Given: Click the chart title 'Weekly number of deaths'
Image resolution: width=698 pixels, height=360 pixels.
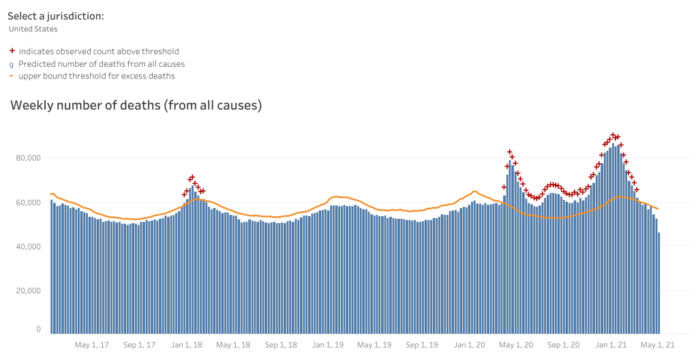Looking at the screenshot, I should (136, 106).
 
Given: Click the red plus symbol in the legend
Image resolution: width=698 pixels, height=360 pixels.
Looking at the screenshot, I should (12, 51).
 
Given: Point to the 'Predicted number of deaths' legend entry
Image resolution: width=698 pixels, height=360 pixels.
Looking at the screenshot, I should (102, 63).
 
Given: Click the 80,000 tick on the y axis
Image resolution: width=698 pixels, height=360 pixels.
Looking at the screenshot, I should (29, 158).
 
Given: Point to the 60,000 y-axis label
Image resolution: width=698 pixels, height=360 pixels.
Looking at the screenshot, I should (29, 202).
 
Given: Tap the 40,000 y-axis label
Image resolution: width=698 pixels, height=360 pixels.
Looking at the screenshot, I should (29, 246).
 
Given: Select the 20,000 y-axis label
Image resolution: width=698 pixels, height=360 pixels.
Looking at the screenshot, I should (29, 290).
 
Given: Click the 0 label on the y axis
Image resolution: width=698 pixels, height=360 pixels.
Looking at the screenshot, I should (38, 329).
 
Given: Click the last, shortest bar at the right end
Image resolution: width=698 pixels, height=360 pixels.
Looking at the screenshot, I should (658, 282).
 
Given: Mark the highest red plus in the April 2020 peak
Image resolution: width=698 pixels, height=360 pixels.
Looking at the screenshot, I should (509, 152).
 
